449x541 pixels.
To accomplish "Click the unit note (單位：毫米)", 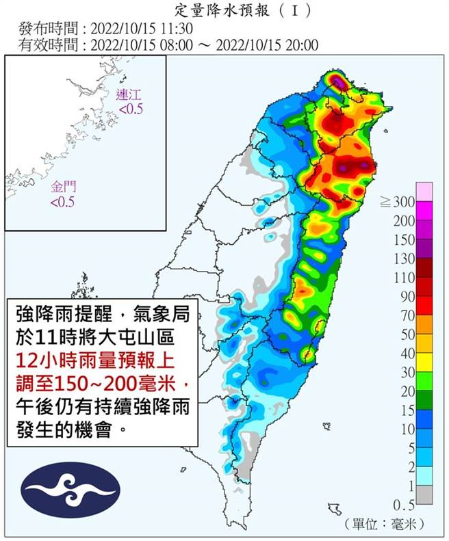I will click(387, 523).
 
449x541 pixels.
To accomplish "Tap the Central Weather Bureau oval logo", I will click(70, 489).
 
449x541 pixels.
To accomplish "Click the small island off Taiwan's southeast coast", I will click(335, 507).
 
